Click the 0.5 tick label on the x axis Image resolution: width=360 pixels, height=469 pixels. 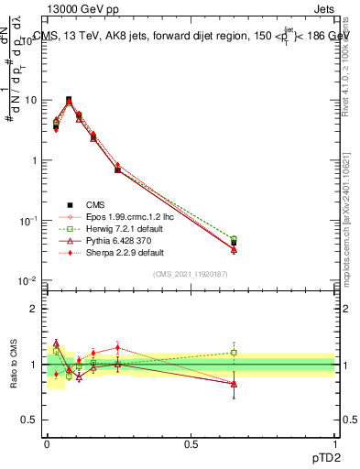click(191, 444)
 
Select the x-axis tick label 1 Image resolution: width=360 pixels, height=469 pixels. click(334, 444)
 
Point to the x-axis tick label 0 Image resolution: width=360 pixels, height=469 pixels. click(47, 444)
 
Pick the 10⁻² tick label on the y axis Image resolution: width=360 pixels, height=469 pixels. click(27, 280)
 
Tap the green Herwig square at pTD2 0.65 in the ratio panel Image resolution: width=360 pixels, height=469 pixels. click(234, 352)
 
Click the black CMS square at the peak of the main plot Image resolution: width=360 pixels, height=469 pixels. click(69, 100)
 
